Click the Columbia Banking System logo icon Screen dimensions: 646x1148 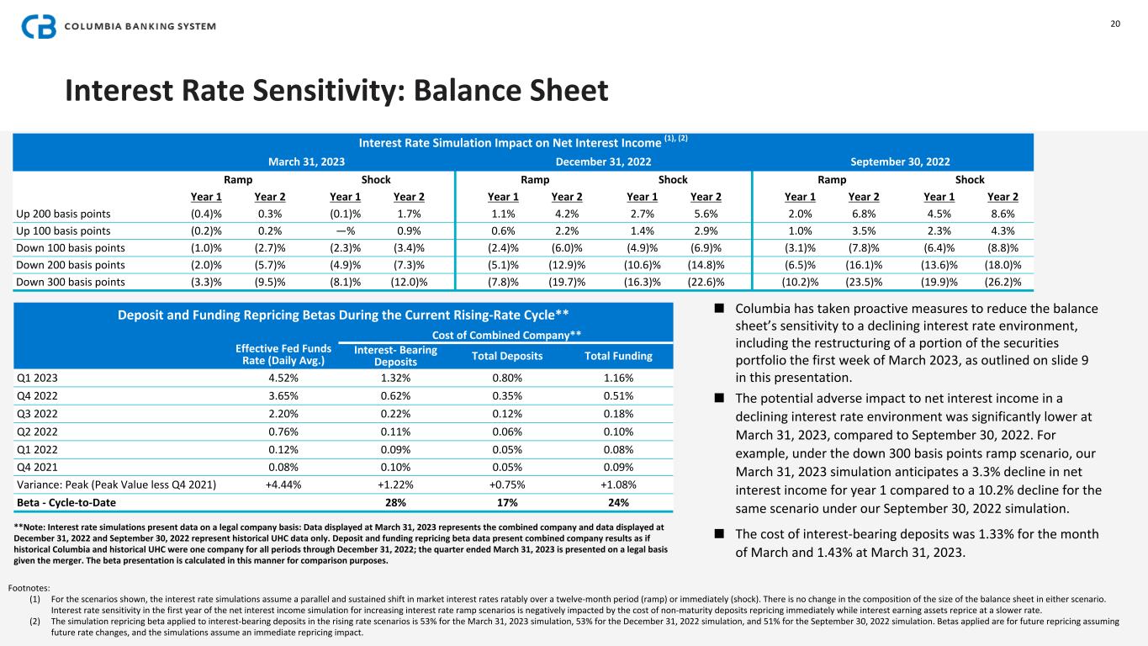pyautogui.click(x=39, y=26)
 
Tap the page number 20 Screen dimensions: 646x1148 pyautogui.click(x=1115, y=24)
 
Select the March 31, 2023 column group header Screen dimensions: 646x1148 pyautogui.click(x=306, y=160)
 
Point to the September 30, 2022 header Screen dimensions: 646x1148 pyautogui.click(x=901, y=160)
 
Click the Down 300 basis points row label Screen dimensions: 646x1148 pyautogui.click(x=70, y=282)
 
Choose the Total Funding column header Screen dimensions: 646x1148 pyautogui.click(x=618, y=356)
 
